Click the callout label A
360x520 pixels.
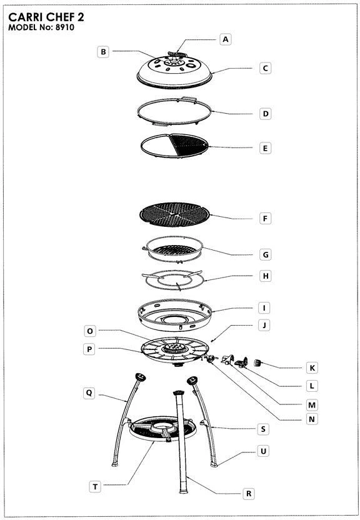226,39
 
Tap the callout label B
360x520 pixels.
103,52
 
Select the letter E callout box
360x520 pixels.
265,148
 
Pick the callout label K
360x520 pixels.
312,367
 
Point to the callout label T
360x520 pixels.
95,486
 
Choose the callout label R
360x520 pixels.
249,494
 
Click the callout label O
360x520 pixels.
90,331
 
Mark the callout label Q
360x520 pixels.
89,393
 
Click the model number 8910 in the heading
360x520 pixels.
64,27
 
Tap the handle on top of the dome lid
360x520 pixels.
177,54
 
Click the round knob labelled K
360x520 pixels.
258,362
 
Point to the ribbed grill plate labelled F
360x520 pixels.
175,214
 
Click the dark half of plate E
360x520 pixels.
188,145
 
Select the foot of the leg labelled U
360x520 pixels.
214,464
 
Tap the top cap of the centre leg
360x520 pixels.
178,392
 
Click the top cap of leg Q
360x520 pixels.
140,377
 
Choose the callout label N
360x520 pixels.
312,419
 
